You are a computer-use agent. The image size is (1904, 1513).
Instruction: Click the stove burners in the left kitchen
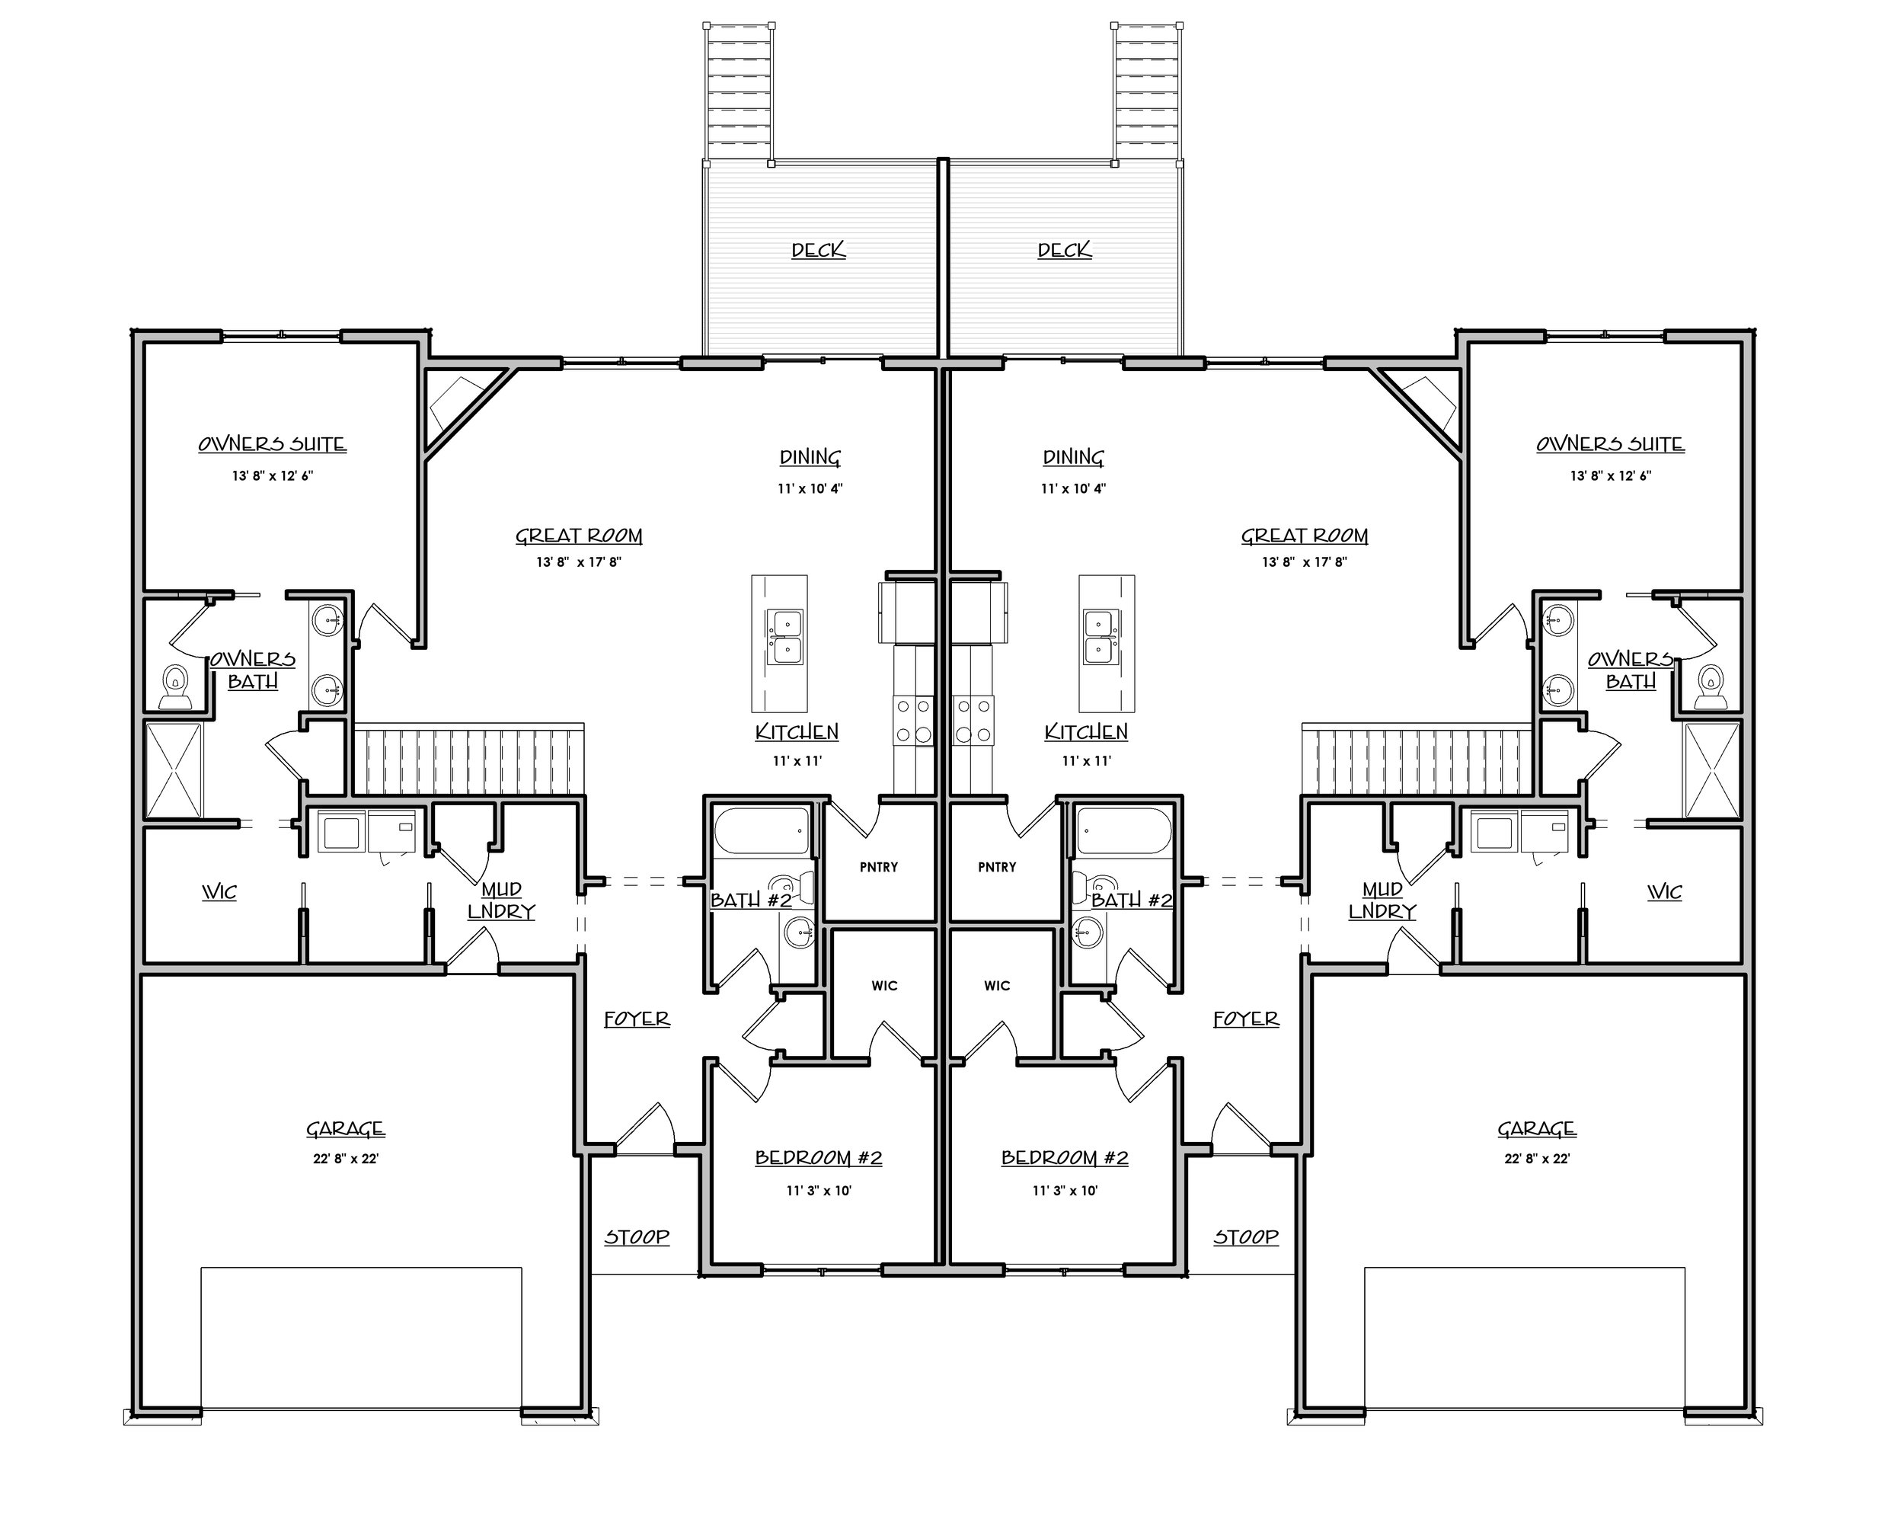pos(914,721)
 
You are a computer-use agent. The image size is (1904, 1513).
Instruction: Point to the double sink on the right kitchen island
pos(1101,637)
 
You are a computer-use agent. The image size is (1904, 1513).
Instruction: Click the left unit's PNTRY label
pos(879,868)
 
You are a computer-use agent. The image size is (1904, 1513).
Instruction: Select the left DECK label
pos(818,251)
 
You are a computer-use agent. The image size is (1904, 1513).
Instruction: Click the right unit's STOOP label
pos(1245,1237)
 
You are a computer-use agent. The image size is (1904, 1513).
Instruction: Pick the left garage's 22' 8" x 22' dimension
pos(345,1159)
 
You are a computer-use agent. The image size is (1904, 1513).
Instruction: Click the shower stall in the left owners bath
pos(173,770)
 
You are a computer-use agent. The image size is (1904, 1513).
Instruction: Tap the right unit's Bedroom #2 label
pos(1064,1159)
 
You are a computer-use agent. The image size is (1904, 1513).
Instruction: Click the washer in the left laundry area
pos(339,832)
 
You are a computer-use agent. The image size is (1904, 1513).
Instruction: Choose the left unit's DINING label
pos(810,458)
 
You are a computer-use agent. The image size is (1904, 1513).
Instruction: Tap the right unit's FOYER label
pos(1245,1019)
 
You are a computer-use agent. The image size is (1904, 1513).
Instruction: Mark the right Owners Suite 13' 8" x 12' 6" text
pos(1610,476)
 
